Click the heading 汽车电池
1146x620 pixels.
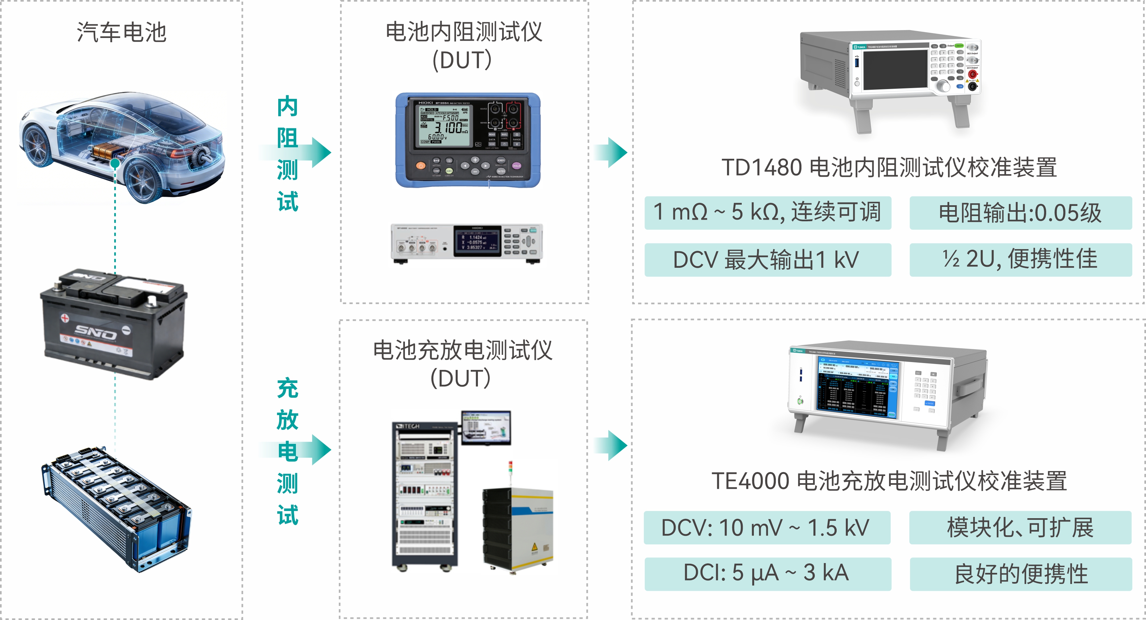pos(121,32)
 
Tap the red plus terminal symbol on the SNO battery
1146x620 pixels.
pos(65,318)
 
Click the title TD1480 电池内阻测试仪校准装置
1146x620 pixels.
pos(889,168)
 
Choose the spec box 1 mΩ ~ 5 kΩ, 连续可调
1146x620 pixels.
pos(767,212)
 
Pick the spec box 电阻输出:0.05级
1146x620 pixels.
pos(1020,212)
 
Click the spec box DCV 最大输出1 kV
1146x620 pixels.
pos(767,260)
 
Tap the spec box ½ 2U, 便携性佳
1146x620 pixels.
pos(1020,260)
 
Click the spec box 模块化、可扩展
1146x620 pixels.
pos(1020,527)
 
